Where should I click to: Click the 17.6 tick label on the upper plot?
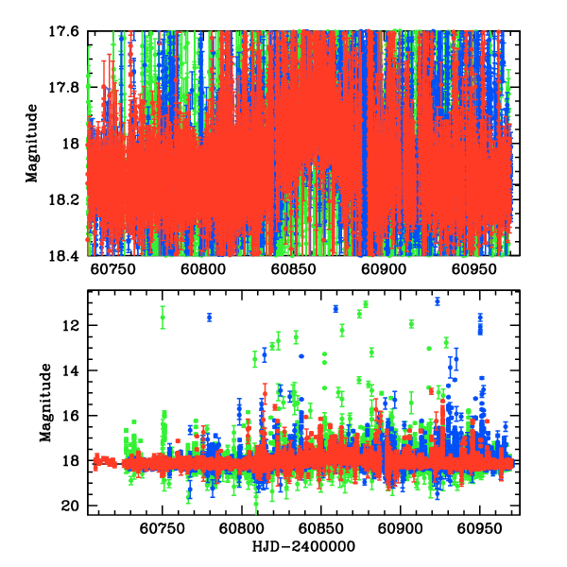point(66,31)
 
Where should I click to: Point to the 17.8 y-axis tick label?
point(66,87)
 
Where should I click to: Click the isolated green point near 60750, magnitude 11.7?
point(163,318)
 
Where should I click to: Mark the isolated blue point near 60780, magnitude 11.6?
point(210,317)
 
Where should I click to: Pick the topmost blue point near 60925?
point(438,301)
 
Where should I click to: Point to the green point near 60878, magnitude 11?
point(366,303)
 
